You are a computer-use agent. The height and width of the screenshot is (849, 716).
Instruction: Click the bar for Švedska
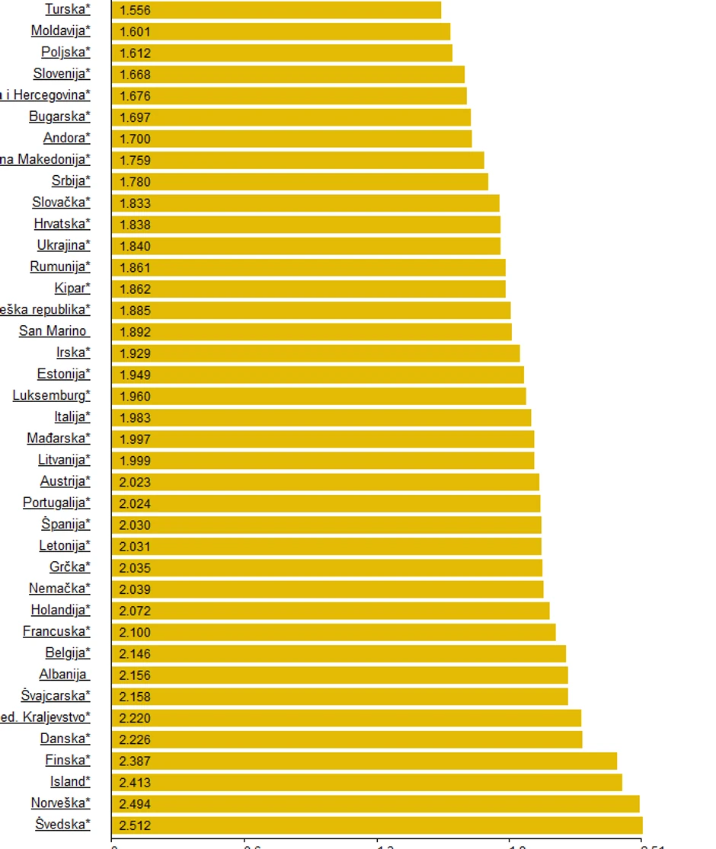coord(377,825)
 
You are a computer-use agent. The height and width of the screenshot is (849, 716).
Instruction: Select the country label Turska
coord(67,10)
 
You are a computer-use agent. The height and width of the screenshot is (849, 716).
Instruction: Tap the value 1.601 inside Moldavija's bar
coord(135,32)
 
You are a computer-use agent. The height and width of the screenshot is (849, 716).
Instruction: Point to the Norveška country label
coord(60,803)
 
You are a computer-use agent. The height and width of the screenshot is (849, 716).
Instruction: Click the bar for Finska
coord(364,761)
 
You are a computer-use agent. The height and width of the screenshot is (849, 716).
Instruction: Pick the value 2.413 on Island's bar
coord(135,782)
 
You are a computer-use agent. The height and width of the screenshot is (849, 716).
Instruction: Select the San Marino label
coord(53,331)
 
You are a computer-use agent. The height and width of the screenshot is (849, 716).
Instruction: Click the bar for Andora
coord(292,139)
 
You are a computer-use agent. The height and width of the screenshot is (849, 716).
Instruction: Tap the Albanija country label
coord(64,675)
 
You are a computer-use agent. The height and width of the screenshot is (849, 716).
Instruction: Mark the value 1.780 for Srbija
coord(135,182)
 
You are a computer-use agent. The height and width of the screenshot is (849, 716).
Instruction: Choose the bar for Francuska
coord(334,632)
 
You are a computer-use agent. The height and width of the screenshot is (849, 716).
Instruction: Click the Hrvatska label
coord(62,224)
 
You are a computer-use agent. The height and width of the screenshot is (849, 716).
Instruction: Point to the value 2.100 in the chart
coord(135,632)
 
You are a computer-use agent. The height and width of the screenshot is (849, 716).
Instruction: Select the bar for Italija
coord(321,417)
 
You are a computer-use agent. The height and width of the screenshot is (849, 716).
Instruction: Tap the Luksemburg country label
coord(51,396)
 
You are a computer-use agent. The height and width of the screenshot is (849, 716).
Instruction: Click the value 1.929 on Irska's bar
coord(135,353)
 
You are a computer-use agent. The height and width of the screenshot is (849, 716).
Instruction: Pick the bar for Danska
coord(347,739)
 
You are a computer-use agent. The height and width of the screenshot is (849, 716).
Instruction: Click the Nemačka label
coord(59,589)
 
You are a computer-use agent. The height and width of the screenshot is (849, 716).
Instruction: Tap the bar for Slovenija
coord(288,74)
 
